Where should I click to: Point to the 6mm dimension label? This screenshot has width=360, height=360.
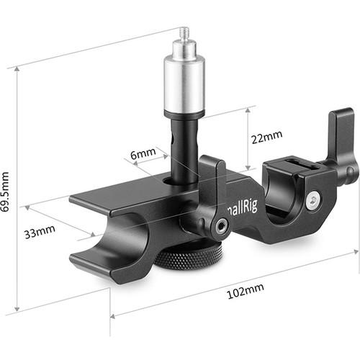[144, 153]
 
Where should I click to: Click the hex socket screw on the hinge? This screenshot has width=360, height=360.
[220, 227]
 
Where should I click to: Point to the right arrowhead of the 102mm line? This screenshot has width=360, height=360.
[357, 253]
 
